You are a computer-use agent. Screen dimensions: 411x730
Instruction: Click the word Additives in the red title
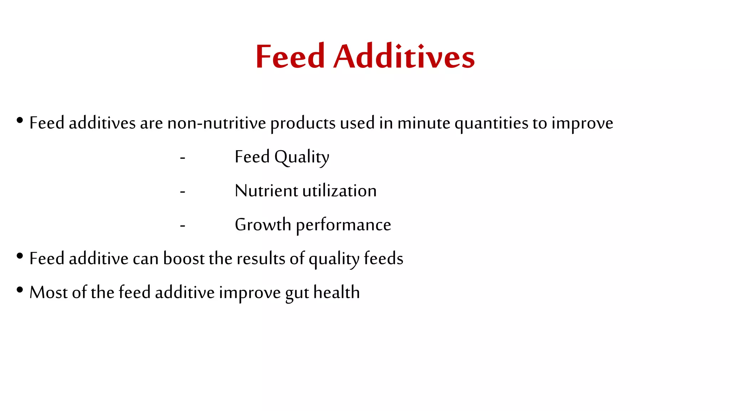(404, 56)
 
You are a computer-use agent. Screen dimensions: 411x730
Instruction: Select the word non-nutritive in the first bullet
(217, 123)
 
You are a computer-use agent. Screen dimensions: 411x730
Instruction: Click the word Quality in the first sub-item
(302, 157)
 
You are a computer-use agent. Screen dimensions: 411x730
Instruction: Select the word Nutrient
(266, 191)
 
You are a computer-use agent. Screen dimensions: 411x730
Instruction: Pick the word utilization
(339, 191)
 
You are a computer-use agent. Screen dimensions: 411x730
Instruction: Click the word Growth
(263, 224)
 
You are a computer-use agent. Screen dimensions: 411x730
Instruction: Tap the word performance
(343, 225)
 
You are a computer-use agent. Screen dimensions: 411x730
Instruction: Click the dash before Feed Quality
(182, 158)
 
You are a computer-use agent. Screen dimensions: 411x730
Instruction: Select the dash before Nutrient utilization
(182, 192)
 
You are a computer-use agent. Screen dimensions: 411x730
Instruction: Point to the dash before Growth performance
(182, 225)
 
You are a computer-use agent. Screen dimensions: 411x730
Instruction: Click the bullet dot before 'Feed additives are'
(20, 120)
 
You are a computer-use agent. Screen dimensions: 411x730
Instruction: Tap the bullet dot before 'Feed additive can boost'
(20, 256)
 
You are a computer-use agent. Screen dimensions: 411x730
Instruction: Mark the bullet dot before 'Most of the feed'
(20, 290)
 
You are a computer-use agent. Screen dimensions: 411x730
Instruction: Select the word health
(336, 292)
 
